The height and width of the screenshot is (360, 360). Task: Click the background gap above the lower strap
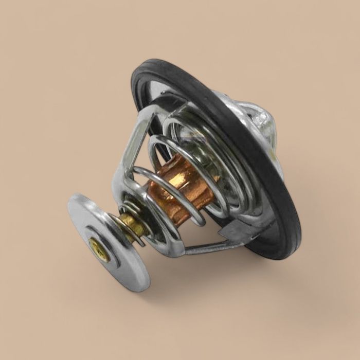click(x=201, y=234)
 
